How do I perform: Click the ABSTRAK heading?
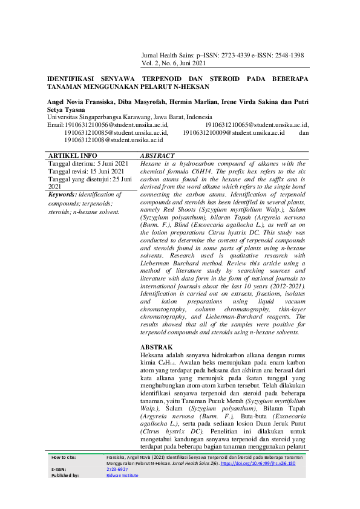click(155, 347)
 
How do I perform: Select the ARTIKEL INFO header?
click(72, 155)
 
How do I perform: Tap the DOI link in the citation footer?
click(270, 463)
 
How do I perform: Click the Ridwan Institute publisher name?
click(122, 475)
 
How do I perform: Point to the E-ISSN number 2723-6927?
click(117, 469)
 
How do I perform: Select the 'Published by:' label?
click(65, 475)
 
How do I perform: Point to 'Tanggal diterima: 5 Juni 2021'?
click(88, 164)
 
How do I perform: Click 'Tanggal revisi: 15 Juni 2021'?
click(85, 172)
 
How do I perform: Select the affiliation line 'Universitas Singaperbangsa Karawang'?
click(97, 117)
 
